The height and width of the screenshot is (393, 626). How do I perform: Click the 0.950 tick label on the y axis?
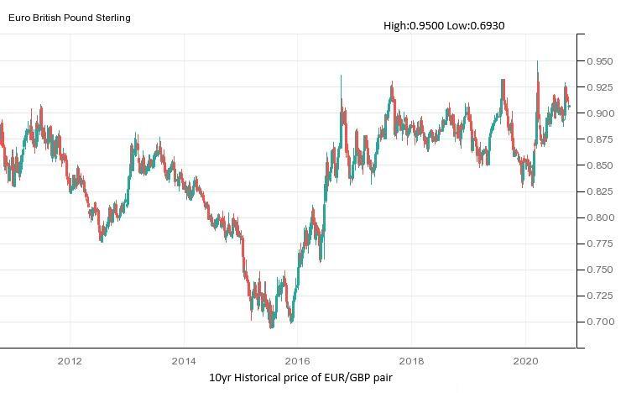pyautogui.click(x=601, y=61)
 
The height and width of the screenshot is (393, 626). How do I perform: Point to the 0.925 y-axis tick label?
pyautogui.click(x=601, y=87)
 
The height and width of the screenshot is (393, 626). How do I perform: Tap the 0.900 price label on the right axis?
pyautogui.click(x=601, y=113)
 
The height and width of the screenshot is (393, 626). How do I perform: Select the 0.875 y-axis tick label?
pyautogui.click(x=601, y=139)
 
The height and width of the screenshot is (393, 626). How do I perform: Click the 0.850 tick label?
pyautogui.click(x=601, y=165)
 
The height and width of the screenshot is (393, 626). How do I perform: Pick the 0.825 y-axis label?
pyautogui.click(x=601, y=191)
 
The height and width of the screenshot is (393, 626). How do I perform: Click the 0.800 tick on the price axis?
pyautogui.click(x=601, y=217)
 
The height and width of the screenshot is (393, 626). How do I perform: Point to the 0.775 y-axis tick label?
pyautogui.click(x=601, y=244)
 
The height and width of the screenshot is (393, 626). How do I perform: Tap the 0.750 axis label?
pyautogui.click(x=601, y=270)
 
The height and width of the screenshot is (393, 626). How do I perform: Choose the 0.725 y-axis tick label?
pyautogui.click(x=601, y=296)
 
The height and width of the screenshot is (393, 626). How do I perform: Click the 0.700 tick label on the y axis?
pyautogui.click(x=601, y=322)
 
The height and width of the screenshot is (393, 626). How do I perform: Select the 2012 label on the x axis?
pyautogui.click(x=70, y=361)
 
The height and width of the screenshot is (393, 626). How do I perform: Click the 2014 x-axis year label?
pyautogui.click(x=184, y=361)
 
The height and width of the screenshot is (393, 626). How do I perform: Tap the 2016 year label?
pyautogui.click(x=297, y=361)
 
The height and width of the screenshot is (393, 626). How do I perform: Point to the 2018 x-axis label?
pyautogui.click(x=411, y=361)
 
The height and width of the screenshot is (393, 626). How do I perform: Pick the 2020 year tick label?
pyautogui.click(x=525, y=361)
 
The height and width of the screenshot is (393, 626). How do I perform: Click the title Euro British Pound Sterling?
pyautogui.click(x=70, y=17)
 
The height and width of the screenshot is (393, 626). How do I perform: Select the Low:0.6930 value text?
pyautogui.click(x=476, y=26)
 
